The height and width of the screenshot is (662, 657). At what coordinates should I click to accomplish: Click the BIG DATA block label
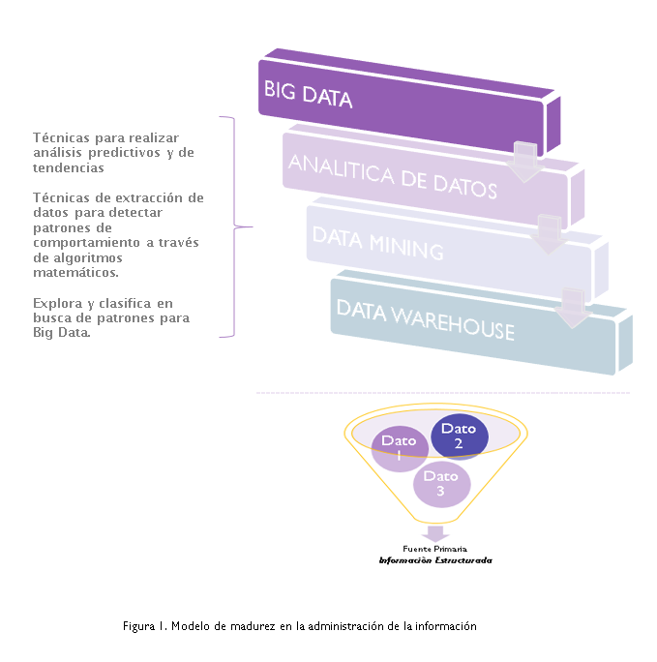308,95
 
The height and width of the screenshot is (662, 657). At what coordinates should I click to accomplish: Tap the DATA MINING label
377,243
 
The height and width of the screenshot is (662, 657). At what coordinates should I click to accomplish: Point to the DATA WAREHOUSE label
425,319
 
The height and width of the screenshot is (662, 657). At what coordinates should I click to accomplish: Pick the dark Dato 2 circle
459,436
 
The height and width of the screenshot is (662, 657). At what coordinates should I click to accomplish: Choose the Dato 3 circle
440,483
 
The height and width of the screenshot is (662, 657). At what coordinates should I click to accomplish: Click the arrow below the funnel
436,533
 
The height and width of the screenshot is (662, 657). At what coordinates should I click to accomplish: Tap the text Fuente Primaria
434,549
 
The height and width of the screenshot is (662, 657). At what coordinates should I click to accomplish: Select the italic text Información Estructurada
434,560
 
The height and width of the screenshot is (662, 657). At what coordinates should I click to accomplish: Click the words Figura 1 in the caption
145,626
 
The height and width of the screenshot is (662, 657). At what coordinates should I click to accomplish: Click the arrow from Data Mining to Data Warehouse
573,307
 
